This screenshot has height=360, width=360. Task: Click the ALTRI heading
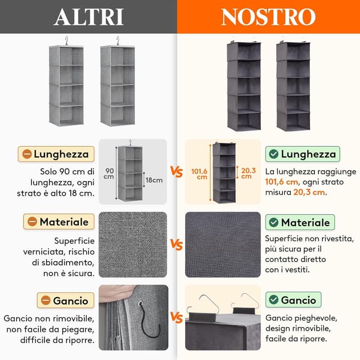click(x=89, y=17)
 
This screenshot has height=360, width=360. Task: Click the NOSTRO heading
click(x=268, y=17)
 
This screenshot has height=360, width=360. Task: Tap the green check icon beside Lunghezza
click(x=273, y=154)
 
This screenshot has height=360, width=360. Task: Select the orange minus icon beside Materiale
click(x=31, y=222)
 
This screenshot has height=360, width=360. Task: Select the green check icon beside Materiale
click(x=273, y=223)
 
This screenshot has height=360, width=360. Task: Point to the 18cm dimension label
click(x=154, y=181)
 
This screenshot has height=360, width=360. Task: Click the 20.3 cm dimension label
click(x=246, y=173)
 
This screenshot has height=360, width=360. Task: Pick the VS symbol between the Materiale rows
click(x=177, y=245)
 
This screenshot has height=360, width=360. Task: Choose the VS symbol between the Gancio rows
click(x=177, y=319)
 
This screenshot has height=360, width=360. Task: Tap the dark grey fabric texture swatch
click(x=223, y=245)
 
